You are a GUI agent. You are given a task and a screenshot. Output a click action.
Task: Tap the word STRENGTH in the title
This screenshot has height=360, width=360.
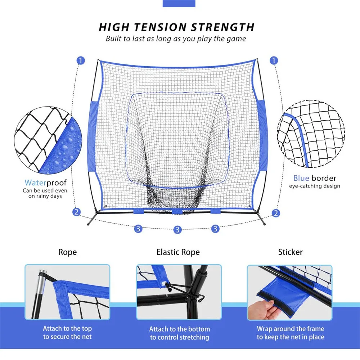click(x=224, y=27)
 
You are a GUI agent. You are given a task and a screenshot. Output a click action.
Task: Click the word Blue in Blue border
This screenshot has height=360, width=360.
click(x=301, y=178)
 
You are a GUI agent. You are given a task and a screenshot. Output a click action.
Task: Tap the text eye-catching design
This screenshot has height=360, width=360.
click(x=314, y=186)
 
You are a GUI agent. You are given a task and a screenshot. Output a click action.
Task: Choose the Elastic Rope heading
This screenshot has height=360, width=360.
click(x=178, y=252)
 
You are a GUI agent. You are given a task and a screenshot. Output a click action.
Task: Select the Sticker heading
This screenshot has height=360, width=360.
click(x=290, y=252)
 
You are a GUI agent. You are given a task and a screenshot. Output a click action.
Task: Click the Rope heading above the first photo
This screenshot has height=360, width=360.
click(x=68, y=252)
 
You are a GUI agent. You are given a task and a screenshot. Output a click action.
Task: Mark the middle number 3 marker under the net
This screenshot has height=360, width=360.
click(x=177, y=230)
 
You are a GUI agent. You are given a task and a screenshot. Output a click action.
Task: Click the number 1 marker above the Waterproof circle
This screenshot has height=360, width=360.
click(x=81, y=60)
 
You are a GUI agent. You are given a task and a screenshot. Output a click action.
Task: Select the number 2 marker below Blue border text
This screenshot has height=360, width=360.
click(x=276, y=213)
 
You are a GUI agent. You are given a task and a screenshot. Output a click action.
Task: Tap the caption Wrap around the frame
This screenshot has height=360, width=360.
click(x=290, y=329)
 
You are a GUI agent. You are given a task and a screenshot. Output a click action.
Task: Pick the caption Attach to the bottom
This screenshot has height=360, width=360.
click(x=179, y=329)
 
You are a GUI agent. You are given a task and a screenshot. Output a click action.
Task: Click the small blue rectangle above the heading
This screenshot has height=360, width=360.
click(x=179, y=4)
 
